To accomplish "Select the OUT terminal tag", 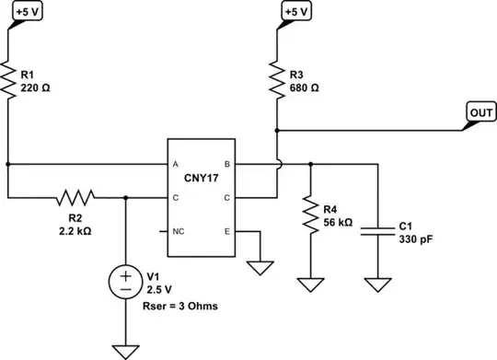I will pos(481,112).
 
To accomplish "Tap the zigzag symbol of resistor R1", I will pos(8,80).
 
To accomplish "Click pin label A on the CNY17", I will pos(175,164).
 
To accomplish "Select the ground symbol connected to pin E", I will pos(261,268).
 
